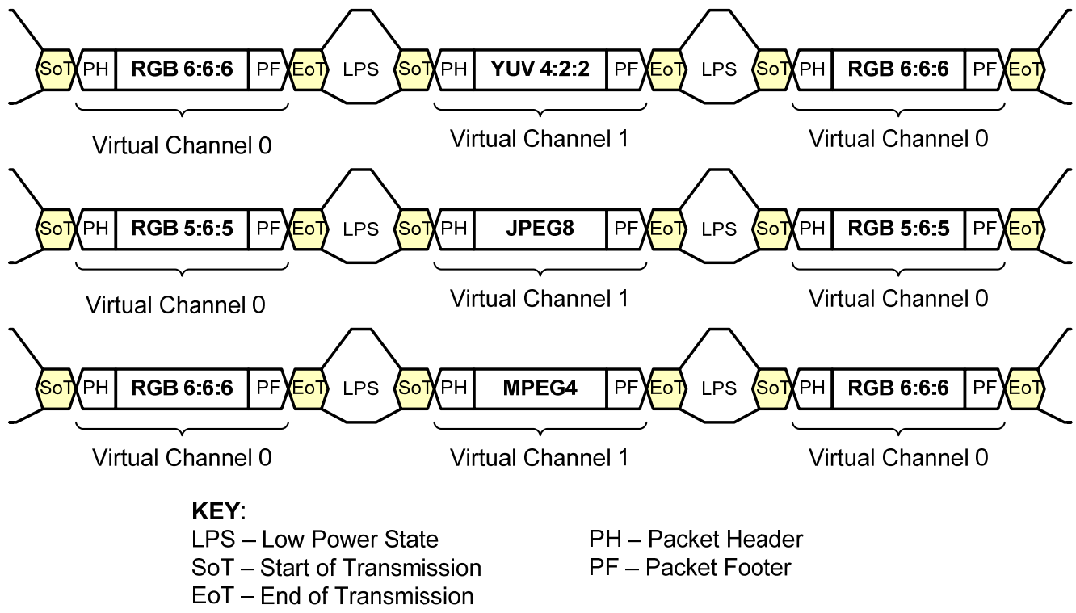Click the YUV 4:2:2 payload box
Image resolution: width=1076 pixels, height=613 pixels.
pyautogui.click(x=540, y=69)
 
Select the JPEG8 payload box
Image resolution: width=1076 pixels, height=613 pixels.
pyautogui.click(x=540, y=229)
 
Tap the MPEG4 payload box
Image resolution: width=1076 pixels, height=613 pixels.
pyautogui.click(x=540, y=388)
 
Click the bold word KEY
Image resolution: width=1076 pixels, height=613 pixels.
pyautogui.click(x=216, y=511)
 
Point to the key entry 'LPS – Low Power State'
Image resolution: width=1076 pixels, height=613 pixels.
pyautogui.click(x=315, y=540)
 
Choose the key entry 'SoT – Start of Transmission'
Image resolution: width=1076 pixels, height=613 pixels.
pyautogui.click(x=336, y=568)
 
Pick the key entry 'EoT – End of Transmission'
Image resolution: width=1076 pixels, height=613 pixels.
pyautogui.click(x=333, y=596)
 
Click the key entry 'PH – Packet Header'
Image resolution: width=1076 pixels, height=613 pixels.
pyautogui.click(x=696, y=540)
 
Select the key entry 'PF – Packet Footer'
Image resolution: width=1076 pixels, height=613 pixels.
pyautogui.click(x=690, y=568)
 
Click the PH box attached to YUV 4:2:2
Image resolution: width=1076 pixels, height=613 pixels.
pyautogui.click(x=455, y=69)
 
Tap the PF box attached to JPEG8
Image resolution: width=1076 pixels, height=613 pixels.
pyautogui.click(x=626, y=229)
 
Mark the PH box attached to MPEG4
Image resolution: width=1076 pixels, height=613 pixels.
pyautogui.click(x=455, y=388)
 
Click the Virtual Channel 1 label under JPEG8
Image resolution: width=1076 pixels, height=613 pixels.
pyautogui.click(x=539, y=298)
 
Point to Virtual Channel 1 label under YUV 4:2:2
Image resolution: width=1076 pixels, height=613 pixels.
pyautogui.click(x=539, y=139)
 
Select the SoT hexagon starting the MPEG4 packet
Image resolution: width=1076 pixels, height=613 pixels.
pyautogui.click(x=415, y=388)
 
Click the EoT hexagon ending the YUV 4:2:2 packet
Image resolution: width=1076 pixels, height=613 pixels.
pyautogui.click(x=667, y=69)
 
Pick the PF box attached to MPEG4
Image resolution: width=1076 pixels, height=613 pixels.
pyautogui.click(x=626, y=388)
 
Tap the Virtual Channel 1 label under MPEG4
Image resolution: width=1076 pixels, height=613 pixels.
pyautogui.click(x=539, y=457)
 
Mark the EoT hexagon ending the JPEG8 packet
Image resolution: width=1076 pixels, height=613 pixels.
pyautogui.click(x=667, y=229)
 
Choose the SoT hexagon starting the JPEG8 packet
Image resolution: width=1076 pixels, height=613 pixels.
pyautogui.click(x=415, y=229)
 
